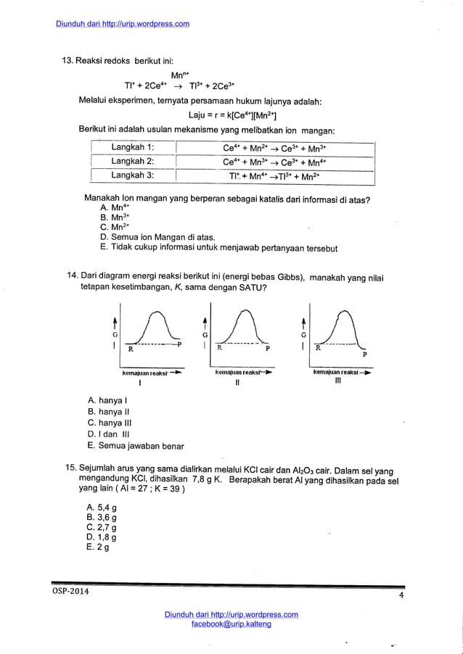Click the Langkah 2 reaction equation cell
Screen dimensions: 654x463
click(x=274, y=162)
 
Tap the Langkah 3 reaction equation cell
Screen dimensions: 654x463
click(x=274, y=176)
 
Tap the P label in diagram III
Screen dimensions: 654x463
click(x=364, y=355)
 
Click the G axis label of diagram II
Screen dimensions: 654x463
click(x=205, y=335)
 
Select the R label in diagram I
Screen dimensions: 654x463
click(x=131, y=349)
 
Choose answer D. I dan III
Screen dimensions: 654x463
click(x=107, y=434)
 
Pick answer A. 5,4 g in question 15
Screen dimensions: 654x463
click(x=102, y=508)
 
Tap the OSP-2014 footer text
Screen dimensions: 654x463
click(x=71, y=592)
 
